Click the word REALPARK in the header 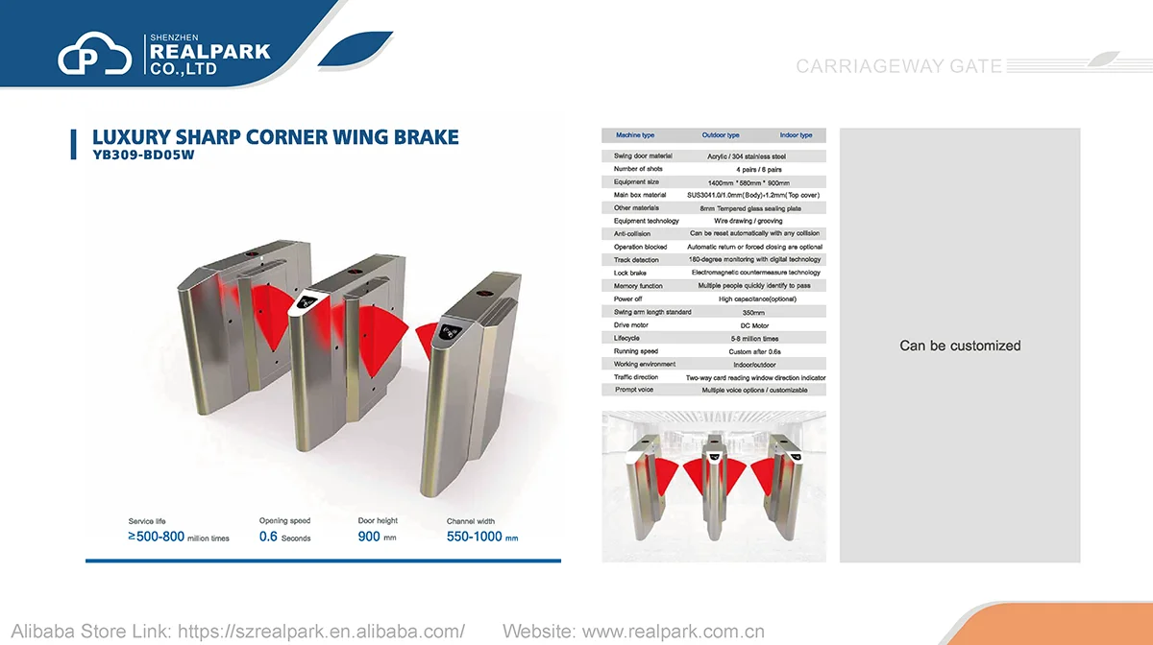(x=209, y=52)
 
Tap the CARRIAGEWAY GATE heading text (x=898, y=66)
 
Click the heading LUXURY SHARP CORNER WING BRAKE (x=275, y=137)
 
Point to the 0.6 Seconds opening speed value (x=284, y=537)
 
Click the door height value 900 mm (x=377, y=537)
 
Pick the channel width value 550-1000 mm (x=481, y=537)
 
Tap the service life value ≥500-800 (x=179, y=537)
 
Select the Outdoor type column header (x=721, y=135)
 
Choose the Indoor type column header (x=796, y=135)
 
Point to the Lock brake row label (x=630, y=274)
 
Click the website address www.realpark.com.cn (x=674, y=632)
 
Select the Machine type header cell (x=635, y=135)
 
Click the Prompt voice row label (x=634, y=390)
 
